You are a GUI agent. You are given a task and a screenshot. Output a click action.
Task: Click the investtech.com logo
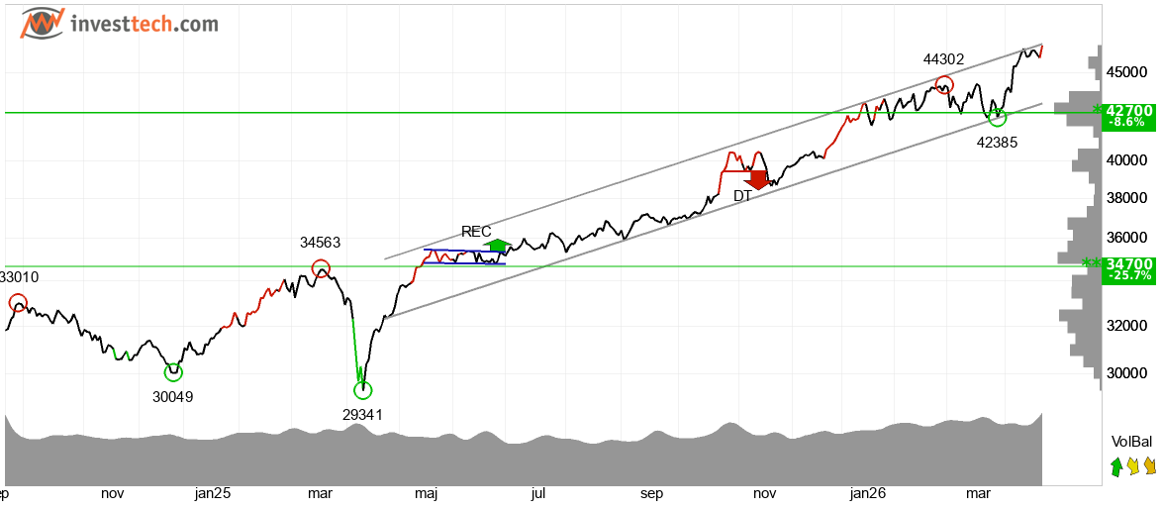[119, 24]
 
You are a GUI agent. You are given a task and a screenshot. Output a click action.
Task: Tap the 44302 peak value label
[943, 59]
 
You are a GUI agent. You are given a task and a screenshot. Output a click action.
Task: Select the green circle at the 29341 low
[362, 390]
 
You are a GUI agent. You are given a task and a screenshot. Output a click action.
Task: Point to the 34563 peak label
[321, 242]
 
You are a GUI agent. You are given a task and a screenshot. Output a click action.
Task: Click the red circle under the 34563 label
[321, 268]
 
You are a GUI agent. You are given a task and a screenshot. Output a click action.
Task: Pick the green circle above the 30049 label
[173, 372]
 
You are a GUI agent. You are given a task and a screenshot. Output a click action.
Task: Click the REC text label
[476, 231]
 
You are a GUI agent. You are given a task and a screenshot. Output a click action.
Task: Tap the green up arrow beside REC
[497, 246]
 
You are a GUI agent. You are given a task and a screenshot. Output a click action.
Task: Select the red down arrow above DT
[757, 179]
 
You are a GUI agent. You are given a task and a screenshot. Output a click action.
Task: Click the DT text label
[742, 196]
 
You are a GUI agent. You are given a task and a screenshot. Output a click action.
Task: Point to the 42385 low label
[997, 142]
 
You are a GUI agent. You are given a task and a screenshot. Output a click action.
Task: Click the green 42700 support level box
[1127, 116]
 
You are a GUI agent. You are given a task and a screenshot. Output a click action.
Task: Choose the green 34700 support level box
[1127, 267]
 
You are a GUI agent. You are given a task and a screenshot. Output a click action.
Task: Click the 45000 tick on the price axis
[1126, 72]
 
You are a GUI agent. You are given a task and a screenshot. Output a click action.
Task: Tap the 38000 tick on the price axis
[1126, 197]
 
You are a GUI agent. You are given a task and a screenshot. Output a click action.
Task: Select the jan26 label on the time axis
[868, 493]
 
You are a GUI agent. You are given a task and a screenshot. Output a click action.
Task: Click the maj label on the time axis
[426, 493]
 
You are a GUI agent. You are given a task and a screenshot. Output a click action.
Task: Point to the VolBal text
[1131, 442]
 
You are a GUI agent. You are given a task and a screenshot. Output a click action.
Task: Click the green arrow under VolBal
[1116, 465]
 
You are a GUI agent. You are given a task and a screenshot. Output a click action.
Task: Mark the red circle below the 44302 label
[943, 85]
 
